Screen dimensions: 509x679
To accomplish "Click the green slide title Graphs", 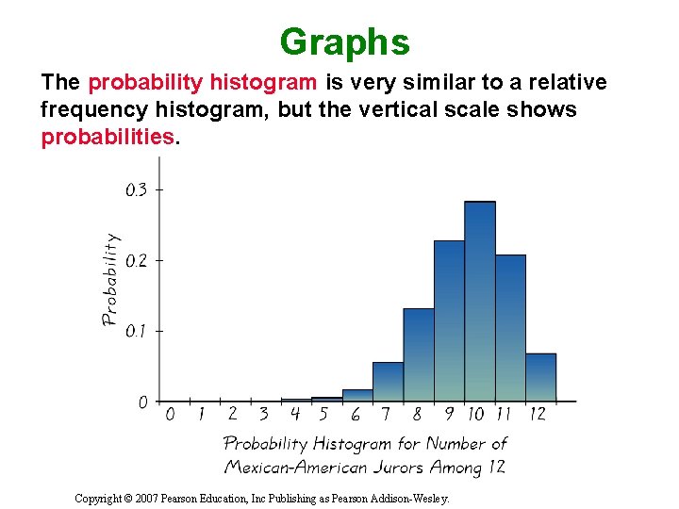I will click(344, 42).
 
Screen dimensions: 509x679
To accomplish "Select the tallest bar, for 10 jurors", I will click(479, 302).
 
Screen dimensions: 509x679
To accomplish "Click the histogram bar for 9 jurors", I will click(449, 320).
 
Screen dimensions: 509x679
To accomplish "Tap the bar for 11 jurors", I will click(510, 328).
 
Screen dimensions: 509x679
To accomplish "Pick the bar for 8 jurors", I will click(418, 354).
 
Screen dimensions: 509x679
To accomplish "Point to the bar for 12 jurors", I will click(540, 377).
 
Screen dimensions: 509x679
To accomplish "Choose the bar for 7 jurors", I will click(388, 382).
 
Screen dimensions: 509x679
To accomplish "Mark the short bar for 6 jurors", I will click(357, 395).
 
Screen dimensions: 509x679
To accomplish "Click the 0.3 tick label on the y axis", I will click(137, 189).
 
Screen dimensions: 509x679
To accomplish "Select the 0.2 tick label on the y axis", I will click(137, 260).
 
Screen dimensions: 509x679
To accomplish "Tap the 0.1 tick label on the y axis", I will click(137, 331).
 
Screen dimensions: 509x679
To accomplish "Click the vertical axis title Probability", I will click(110, 280).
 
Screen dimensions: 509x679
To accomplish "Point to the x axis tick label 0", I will click(170, 414).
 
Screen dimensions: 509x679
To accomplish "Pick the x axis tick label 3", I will click(263, 414).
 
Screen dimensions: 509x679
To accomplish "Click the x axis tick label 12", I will click(538, 414).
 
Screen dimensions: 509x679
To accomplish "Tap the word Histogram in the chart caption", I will click(352, 443).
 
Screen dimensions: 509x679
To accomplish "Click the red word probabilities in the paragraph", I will click(108, 137).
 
